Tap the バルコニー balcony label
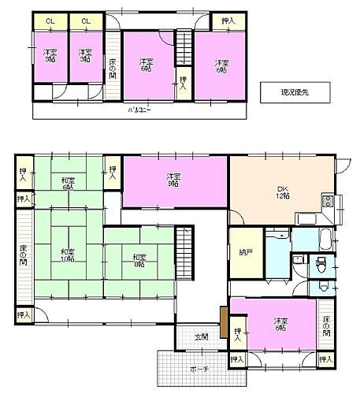click(139, 110)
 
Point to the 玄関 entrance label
click(202, 337)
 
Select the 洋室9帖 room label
click(174, 180)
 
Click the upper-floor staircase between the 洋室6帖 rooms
click(184, 48)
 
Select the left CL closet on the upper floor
click(50, 21)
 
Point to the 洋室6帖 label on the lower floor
click(280, 325)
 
